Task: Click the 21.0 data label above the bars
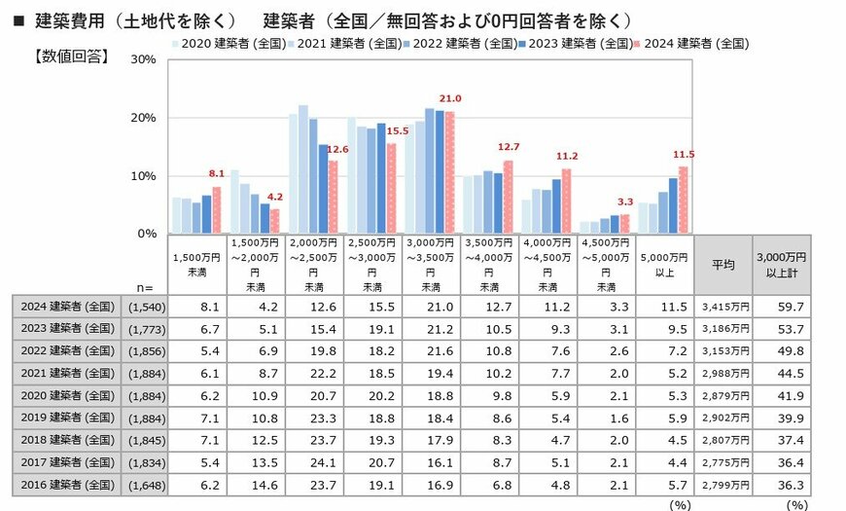450,99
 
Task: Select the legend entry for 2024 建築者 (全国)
693,43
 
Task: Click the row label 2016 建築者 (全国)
65,484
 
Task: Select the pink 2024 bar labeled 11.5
684,200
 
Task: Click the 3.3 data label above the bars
625,202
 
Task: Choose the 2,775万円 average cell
724,461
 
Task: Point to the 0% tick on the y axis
145,234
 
